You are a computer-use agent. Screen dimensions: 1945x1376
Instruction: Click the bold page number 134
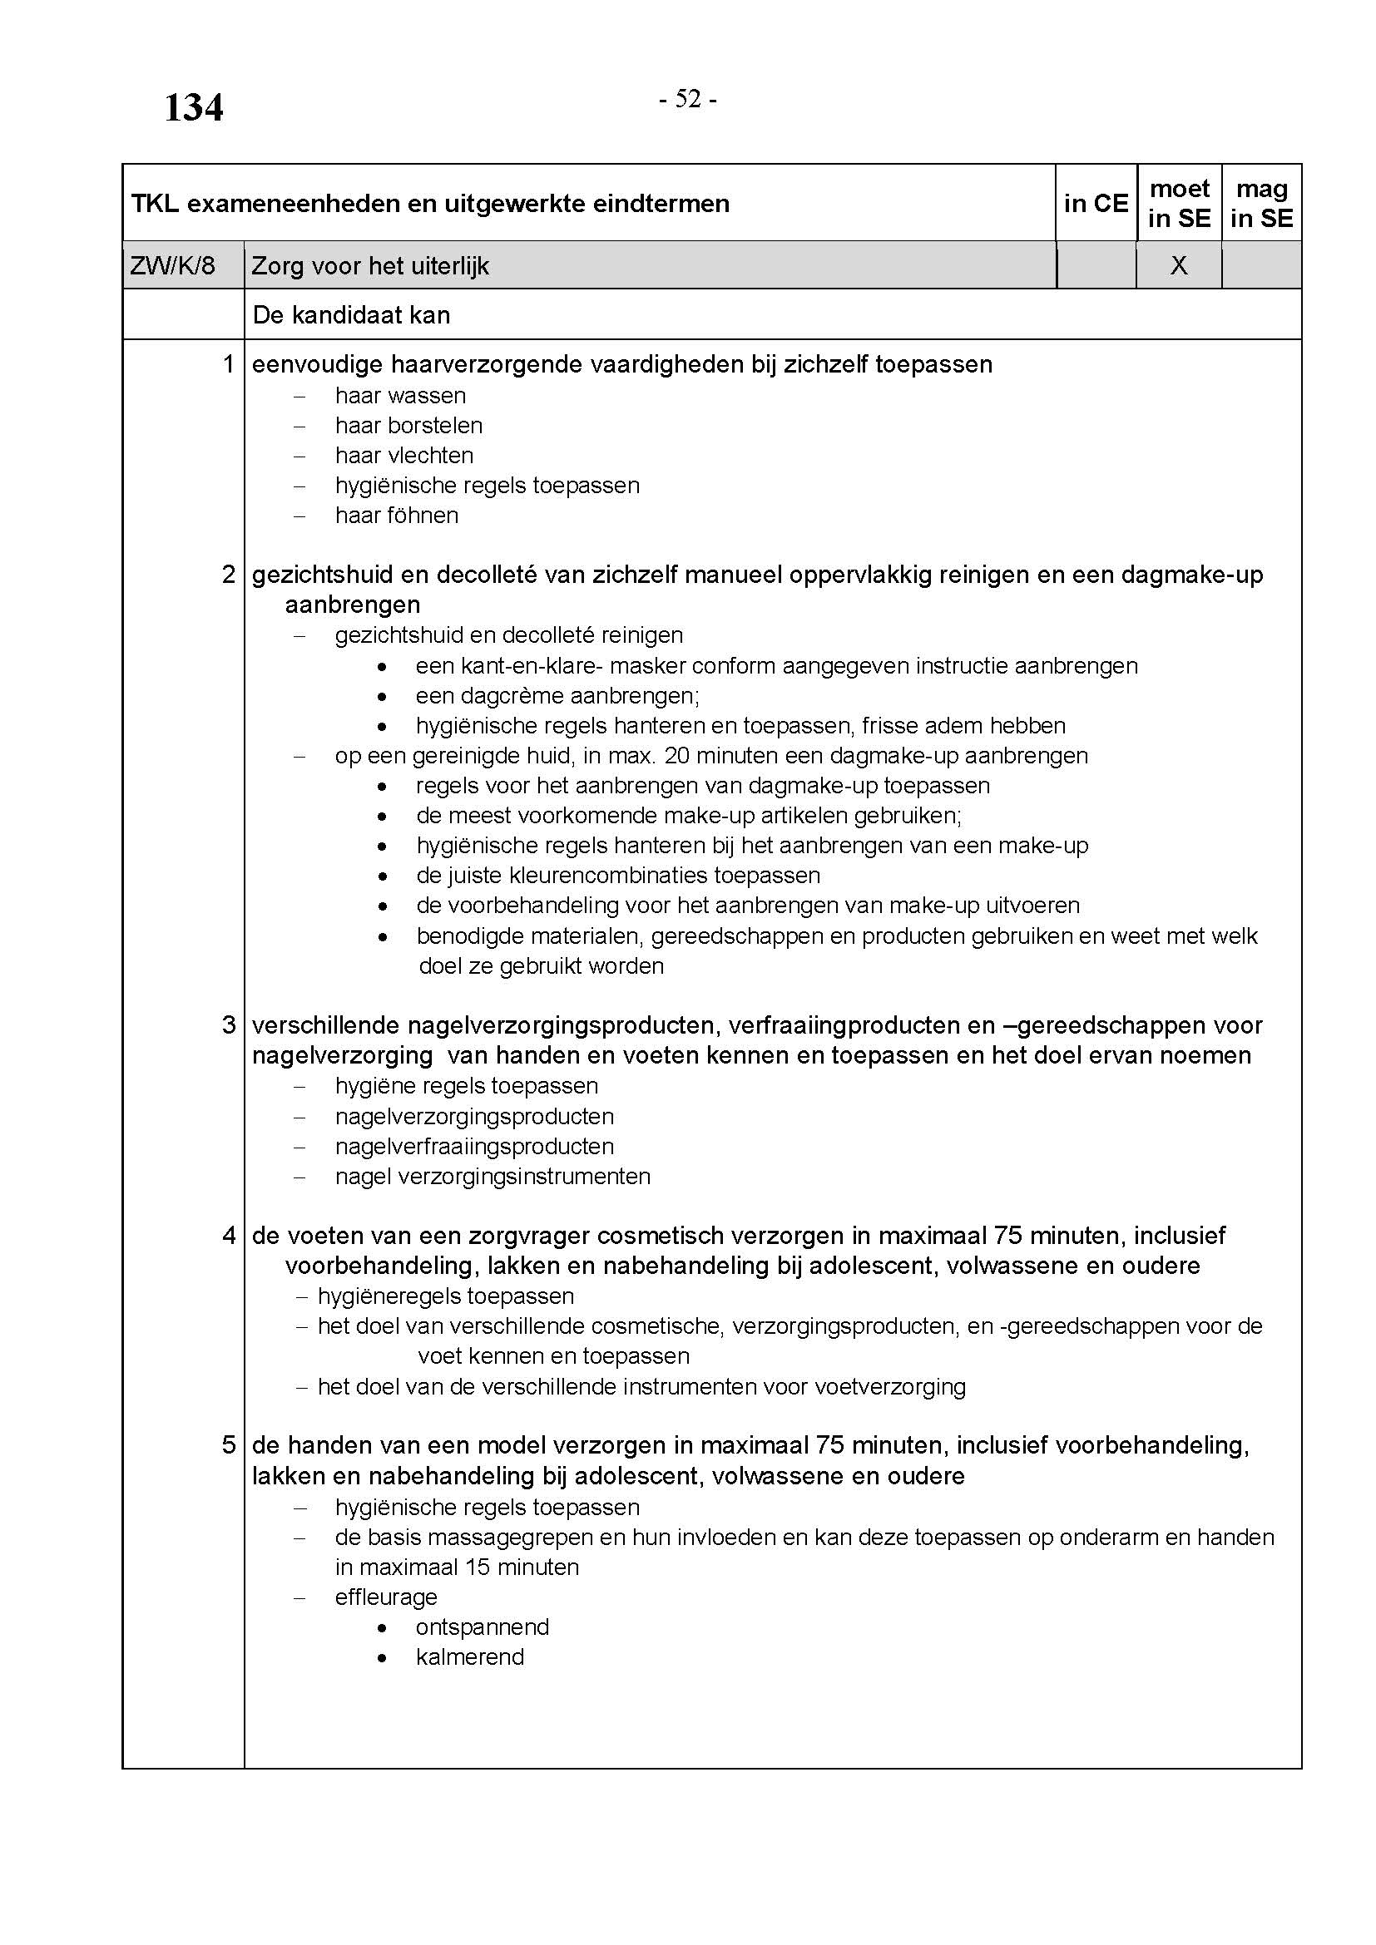pos(193,108)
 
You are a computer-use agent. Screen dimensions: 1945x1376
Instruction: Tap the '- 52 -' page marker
pos(688,100)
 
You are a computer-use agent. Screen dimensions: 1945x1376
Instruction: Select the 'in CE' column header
pos(1096,203)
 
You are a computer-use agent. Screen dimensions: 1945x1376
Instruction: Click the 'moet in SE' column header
pos(1179,203)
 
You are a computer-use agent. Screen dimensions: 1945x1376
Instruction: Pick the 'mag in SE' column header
pos(1262,203)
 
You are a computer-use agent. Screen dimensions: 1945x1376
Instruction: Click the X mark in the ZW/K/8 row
pos(1179,266)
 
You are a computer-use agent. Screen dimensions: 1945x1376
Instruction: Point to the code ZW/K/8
pos(173,266)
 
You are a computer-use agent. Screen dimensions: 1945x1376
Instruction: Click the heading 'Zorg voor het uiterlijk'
pos(370,266)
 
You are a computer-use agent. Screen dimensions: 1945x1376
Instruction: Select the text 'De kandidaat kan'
pos(351,315)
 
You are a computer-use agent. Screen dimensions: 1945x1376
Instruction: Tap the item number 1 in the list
pos(228,364)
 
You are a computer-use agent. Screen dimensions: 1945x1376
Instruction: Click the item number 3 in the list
pos(228,1025)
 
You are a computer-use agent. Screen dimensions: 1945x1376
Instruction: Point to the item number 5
pos(228,1444)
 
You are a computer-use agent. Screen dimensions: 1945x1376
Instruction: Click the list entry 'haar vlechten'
pos(404,456)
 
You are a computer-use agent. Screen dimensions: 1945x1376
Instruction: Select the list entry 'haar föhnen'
pos(397,516)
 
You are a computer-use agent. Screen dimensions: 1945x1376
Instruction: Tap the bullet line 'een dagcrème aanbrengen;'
pos(557,695)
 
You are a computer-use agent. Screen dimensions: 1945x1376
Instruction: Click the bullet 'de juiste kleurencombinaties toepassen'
pos(617,875)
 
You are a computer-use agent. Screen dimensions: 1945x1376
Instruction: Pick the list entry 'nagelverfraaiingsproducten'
pos(474,1146)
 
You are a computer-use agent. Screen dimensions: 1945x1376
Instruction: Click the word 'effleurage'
pos(386,1597)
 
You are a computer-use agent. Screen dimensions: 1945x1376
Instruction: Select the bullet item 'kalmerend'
pos(470,1657)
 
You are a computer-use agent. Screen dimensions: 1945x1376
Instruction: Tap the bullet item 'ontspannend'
pos(483,1627)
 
